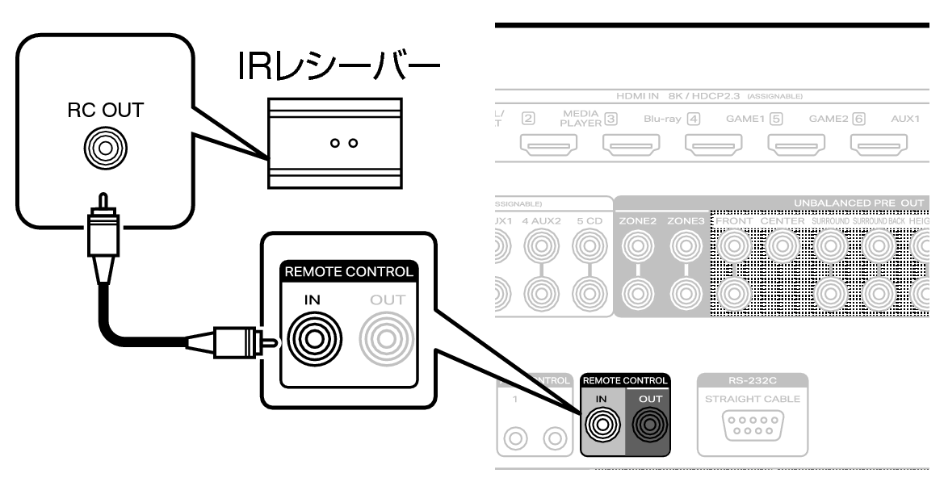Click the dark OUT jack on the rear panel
[651, 423]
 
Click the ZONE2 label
[640, 220]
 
